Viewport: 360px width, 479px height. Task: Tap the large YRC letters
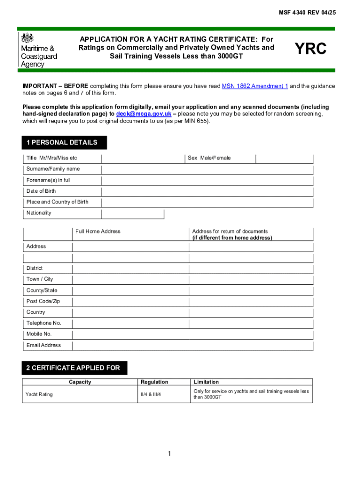(x=310, y=50)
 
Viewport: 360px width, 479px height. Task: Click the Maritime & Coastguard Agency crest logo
(x=28, y=38)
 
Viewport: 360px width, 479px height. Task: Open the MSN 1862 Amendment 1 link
(x=255, y=86)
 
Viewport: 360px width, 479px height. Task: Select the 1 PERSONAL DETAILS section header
(x=62, y=143)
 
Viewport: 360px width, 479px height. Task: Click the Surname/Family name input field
(x=207, y=169)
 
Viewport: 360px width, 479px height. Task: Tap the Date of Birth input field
(x=207, y=191)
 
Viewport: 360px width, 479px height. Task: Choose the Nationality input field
(x=133, y=214)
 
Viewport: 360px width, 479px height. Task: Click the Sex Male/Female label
(x=209, y=158)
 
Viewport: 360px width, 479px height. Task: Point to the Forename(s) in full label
(x=49, y=180)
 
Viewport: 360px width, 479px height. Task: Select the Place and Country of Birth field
(x=207, y=202)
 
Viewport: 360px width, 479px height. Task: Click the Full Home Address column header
(x=98, y=231)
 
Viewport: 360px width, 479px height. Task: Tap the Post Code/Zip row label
(x=43, y=301)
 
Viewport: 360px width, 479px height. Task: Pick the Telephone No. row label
(x=44, y=323)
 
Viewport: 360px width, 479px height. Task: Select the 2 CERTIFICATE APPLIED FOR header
(x=73, y=368)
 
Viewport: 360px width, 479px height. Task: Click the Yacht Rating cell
(x=40, y=394)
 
